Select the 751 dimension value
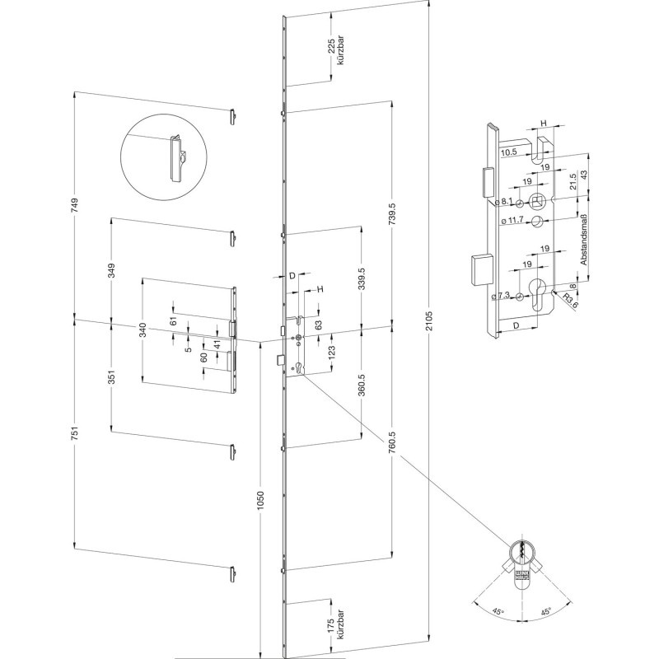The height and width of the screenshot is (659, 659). [75, 435]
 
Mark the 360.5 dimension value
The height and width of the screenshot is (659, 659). [362, 385]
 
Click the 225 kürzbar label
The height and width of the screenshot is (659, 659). [335, 54]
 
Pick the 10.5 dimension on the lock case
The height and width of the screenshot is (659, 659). [507, 152]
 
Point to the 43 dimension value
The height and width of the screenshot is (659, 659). [582, 175]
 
